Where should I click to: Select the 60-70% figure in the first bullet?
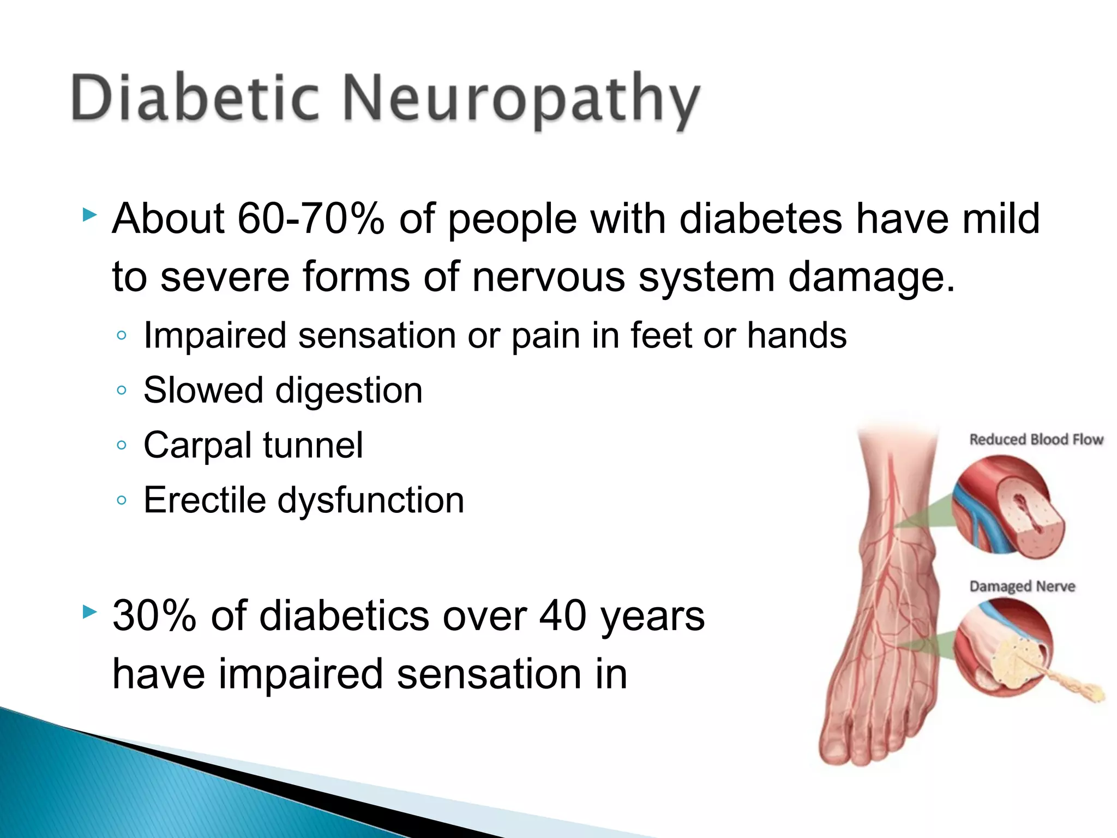click(x=311, y=219)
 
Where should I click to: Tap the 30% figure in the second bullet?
click(x=154, y=616)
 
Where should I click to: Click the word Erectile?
click(x=204, y=500)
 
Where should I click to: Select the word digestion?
click(x=349, y=391)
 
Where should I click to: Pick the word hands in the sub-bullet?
click(x=796, y=335)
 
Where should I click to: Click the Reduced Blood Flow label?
click(x=1036, y=440)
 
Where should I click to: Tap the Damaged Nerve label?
click(x=1022, y=586)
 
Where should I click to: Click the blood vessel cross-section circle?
click(x=1008, y=507)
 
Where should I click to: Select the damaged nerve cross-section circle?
click(x=1004, y=649)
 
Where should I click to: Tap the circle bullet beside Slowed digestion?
click(x=122, y=390)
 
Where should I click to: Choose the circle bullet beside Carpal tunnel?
click(x=122, y=445)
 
